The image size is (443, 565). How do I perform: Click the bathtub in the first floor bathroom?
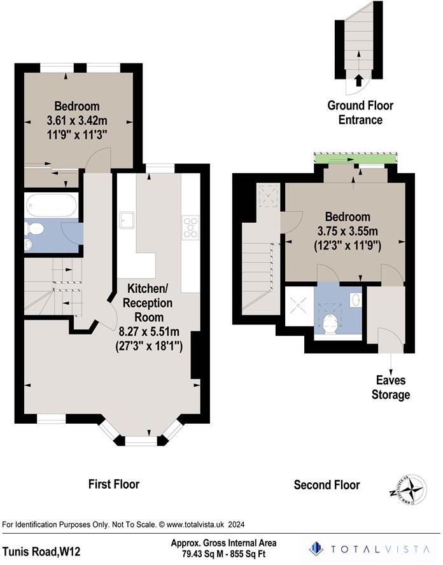pyautogui.click(x=52, y=205)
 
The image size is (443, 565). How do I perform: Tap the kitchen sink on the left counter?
pyautogui.click(x=126, y=220)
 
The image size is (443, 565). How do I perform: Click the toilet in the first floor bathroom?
pyautogui.click(x=36, y=229)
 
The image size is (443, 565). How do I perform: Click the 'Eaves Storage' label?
pyautogui.click(x=391, y=387)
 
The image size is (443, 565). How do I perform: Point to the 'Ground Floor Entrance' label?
pyautogui.click(x=360, y=113)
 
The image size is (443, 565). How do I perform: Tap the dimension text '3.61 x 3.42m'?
pyautogui.click(x=76, y=120)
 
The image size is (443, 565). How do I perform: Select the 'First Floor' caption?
pyautogui.click(x=113, y=484)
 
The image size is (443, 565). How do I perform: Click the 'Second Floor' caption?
pyautogui.click(x=327, y=485)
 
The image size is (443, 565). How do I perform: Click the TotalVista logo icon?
pyautogui.click(x=316, y=548)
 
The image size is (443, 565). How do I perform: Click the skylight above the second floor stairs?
pyautogui.click(x=268, y=195)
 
